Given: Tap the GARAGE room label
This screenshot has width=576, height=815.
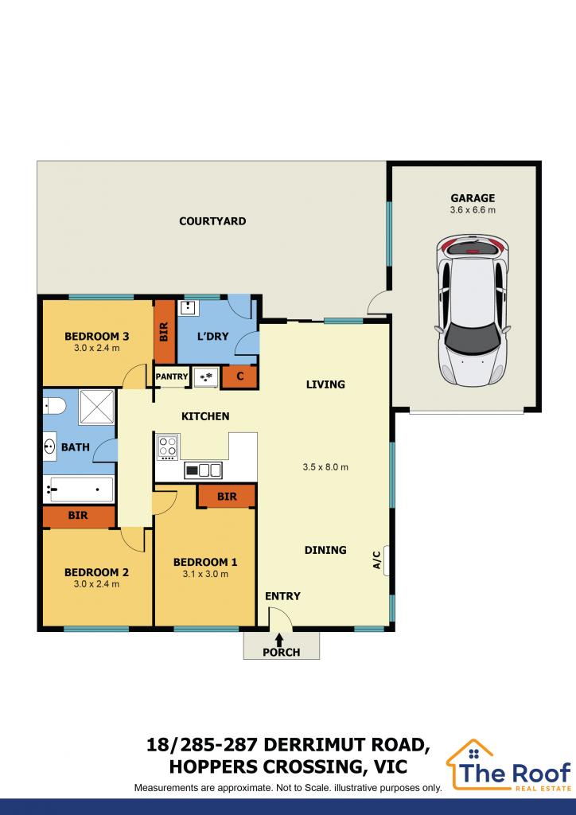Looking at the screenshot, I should (x=472, y=198).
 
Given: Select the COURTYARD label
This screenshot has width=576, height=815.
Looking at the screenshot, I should (x=212, y=221).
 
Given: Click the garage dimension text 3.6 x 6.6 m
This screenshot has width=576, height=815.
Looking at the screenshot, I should (x=472, y=211).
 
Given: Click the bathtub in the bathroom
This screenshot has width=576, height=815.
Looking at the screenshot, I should (x=78, y=489).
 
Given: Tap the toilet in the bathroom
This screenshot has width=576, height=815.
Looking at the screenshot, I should (x=53, y=405).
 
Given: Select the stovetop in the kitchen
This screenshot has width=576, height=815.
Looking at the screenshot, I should (x=168, y=446).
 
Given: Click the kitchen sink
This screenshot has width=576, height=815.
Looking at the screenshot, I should (x=203, y=470).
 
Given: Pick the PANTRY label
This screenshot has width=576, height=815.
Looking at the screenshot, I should (x=172, y=377).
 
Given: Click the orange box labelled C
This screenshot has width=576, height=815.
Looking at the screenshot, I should (x=239, y=377).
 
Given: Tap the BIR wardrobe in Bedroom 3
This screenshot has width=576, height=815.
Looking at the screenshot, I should (x=165, y=331).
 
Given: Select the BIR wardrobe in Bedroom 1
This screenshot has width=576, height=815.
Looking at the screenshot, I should (x=227, y=497).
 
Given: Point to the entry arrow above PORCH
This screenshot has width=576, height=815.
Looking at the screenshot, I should (x=279, y=638).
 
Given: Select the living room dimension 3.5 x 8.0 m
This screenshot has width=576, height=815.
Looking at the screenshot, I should (x=325, y=467).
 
